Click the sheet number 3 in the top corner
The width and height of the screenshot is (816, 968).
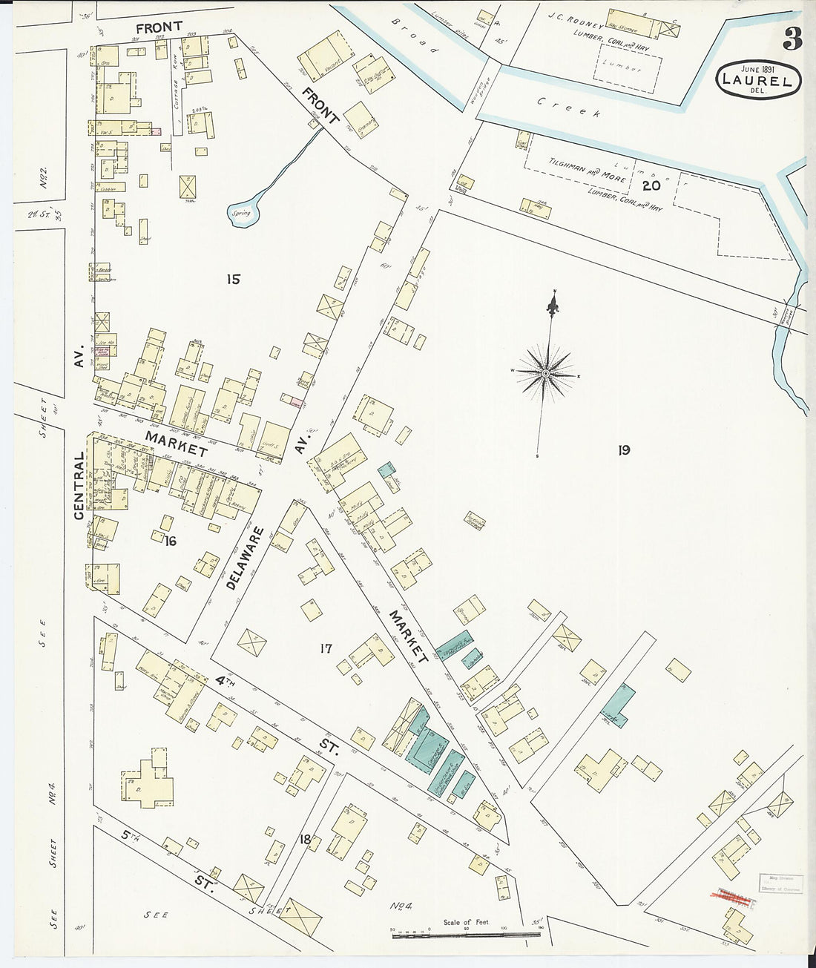pyautogui.click(x=792, y=40)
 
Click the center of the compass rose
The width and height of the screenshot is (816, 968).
pyautogui.click(x=546, y=373)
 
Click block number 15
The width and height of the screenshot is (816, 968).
pyautogui.click(x=234, y=280)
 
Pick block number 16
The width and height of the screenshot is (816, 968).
pyautogui.click(x=171, y=541)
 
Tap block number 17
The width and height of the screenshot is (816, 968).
pyautogui.click(x=325, y=649)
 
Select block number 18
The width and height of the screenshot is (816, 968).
pyautogui.click(x=304, y=839)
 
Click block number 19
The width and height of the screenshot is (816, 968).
pyautogui.click(x=623, y=450)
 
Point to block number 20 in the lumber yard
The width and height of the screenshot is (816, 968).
pyautogui.click(x=651, y=185)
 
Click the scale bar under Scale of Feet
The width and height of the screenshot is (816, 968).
pyautogui.click(x=465, y=935)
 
